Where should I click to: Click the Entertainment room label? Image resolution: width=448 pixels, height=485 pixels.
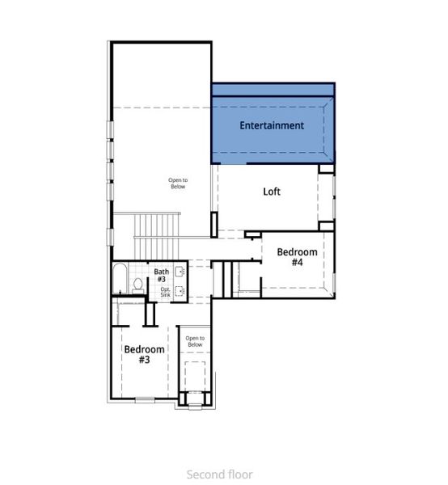click(272, 125)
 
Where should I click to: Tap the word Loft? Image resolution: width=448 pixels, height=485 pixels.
click(273, 192)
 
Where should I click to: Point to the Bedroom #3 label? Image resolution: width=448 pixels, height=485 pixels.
click(144, 355)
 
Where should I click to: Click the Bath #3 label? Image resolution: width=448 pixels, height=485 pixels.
click(162, 276)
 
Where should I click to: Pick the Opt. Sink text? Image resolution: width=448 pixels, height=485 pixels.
click(165, 292)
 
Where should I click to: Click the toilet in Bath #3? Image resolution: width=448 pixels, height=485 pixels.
click(137, 285)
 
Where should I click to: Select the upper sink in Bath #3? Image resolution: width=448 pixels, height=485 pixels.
click(180, 272)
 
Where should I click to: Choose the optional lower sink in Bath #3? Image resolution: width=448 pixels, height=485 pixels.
click(180, 291)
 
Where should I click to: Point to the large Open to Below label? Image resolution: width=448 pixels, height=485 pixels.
click(177, 183)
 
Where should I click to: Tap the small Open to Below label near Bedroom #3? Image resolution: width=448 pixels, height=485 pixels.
click(194, 341)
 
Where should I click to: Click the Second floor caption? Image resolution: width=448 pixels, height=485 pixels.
click(219, 474)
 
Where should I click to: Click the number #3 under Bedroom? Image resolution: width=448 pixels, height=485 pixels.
click(144, 361)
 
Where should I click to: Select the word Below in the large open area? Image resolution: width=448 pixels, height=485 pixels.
click(177, 187)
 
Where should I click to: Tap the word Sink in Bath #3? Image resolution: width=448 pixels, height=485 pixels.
click(165, 295)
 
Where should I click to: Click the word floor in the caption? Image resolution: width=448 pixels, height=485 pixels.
click(239, 474)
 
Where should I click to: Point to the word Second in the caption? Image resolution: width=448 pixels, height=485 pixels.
click(205, 474)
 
